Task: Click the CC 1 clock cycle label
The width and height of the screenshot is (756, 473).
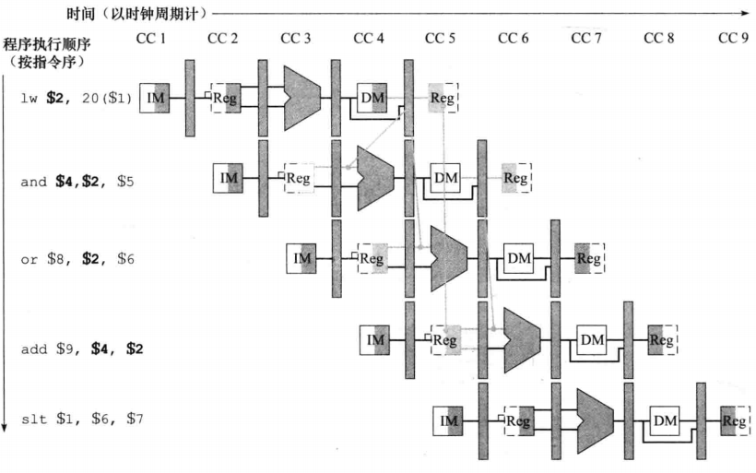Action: pyautogui.click(x=150, y=38)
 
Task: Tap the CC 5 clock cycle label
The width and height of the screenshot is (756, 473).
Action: pyautogui.click(x=440, y=38)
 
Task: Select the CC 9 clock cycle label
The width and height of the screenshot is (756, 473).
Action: pyautogui.click(x=732, y=38)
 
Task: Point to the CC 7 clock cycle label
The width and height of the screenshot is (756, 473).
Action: pyautogui.click(x=586, y=38)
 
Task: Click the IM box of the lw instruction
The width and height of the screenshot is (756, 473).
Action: pyautogui.click(x=155, y=97)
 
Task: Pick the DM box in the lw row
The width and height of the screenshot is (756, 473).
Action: pyautogui.click(x=372, y=97)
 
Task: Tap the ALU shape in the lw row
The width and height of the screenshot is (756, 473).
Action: pyautogui.click(x=301, y=97)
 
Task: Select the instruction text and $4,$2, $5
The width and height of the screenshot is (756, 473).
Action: pyautogui.click(x=77, y=182)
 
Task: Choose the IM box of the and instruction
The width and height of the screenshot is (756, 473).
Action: pyautogui.click(x=228, y=177)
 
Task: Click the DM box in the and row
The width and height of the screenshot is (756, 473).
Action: pyautogui.click(x=445, y=177)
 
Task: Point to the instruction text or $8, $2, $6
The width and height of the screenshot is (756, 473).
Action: pyautogui.click(x=77, y=260)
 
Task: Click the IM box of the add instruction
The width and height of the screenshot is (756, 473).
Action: pyautogui.click(x=374, y=340)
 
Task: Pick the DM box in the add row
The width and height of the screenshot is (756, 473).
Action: pyautogui.click(x=591, y=340)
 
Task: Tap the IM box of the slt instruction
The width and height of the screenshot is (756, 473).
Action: pyautogui.click(x=448, y=421)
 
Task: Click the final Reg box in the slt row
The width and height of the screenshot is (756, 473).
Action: pyautogui.click(x=735, y=421)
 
